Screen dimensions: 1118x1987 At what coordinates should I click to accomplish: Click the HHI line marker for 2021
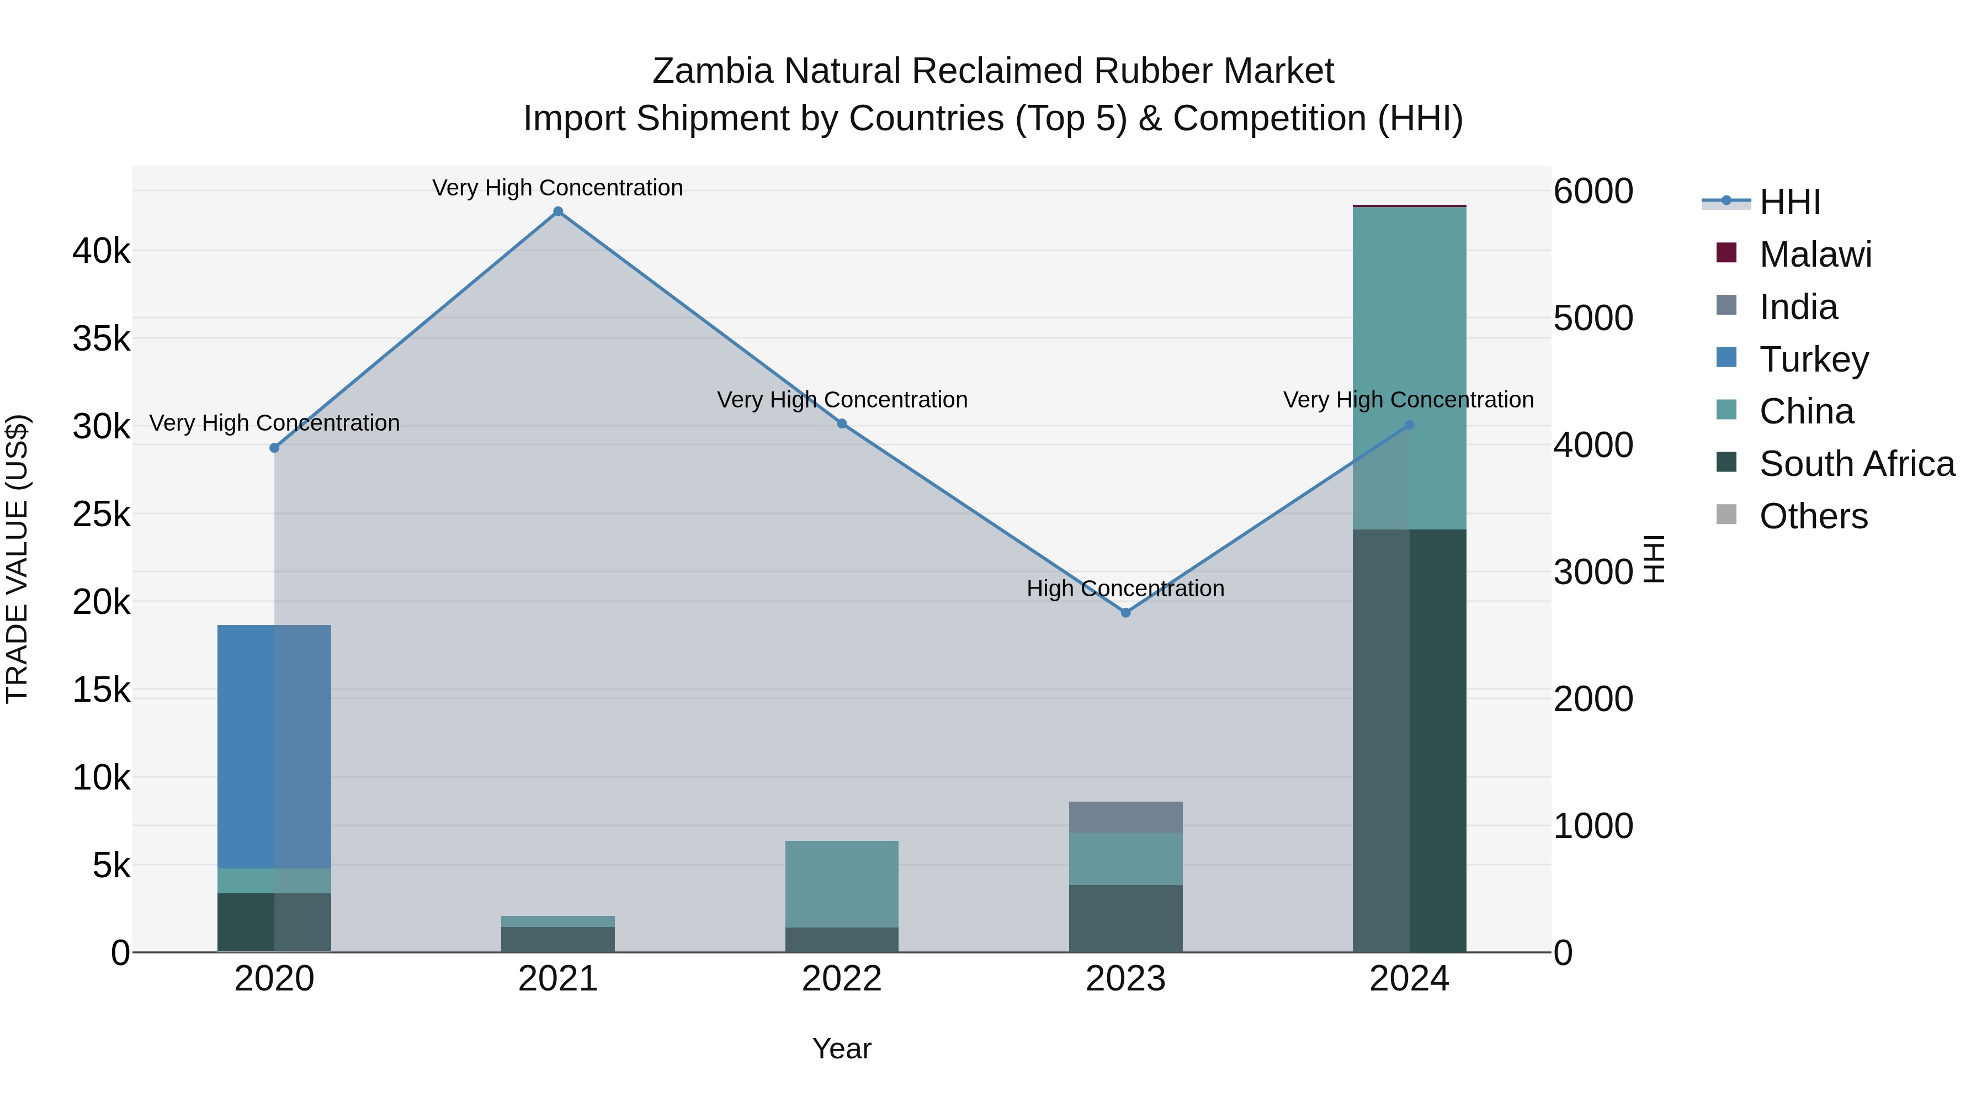click(557, 211)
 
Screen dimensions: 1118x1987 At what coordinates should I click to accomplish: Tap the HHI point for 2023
click(1125, 613)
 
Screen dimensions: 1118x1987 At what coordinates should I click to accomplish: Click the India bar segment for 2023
click(1125, 817)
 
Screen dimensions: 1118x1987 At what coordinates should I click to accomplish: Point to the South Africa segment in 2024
click(1409, 741)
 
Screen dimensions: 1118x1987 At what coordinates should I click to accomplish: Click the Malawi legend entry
click(1815, 255)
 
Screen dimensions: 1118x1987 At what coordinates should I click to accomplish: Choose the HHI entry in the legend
click(1789, 202)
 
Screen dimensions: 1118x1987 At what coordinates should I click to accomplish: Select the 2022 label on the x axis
click(842, 979)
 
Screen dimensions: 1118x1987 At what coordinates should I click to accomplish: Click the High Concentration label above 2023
click(1125, 589)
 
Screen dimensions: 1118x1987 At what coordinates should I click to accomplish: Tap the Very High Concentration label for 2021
click(557, 188)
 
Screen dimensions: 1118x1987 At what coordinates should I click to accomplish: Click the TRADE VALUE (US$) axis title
click(17, 559)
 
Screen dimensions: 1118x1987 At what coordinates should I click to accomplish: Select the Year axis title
click(842, 1048)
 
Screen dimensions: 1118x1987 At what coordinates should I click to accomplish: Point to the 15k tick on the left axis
click(101, 690)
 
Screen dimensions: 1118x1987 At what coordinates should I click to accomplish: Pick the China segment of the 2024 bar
click(1409, 368)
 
